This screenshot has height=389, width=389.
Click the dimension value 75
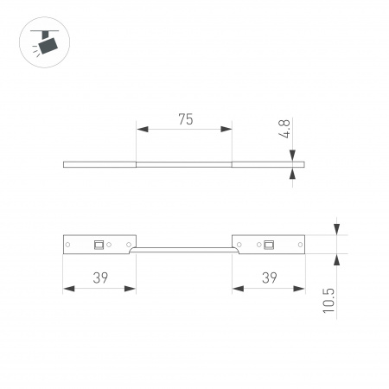pyautogui.click(x=185, y=120)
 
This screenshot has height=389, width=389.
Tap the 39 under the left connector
pyautogui.click(x=100, y=277)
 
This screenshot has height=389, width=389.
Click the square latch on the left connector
pyautogui.click(x=99, y=245)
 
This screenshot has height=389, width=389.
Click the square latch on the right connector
pyautogui.click(x=269, y=245)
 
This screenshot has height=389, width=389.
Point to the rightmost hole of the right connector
pyautogui.click(x=299, y=245)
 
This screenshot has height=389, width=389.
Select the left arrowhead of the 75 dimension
pyautogui.click(x=141, y=130)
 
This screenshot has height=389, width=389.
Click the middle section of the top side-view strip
pyautogui.click(x=184, y=163)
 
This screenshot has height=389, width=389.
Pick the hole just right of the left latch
pyautogui.click(x=109, y=245)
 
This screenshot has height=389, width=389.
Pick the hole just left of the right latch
pyautogui.click(x=258, y=245)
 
